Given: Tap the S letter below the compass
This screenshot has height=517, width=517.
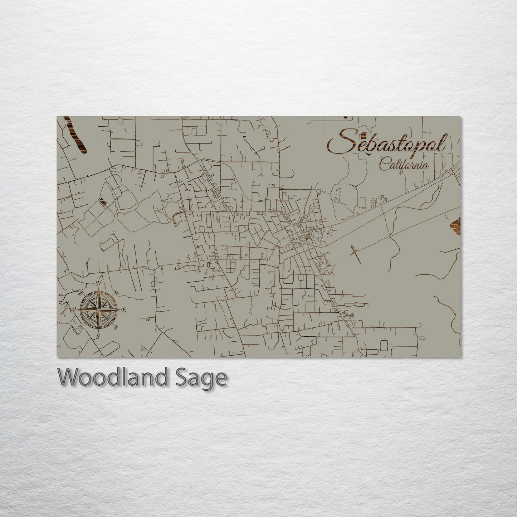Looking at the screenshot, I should point(98,336).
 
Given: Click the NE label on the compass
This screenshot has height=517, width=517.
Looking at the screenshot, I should point(116,292).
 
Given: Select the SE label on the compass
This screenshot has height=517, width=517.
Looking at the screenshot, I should point(116,327).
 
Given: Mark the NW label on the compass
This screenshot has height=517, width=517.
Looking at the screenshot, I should point(81,294).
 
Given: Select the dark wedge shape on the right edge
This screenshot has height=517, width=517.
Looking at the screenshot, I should point(455,225).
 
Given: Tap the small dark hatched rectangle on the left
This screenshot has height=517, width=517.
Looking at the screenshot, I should point(103,202).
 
